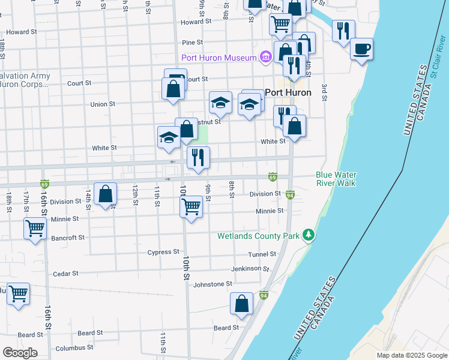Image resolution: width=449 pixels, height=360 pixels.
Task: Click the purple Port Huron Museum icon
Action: [x=265, y=58]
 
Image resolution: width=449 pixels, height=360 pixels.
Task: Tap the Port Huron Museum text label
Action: [x=219, y=58]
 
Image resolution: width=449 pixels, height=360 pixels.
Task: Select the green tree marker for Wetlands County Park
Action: [x=308, y=235]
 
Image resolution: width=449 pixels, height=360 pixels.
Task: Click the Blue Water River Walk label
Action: [x=336, y=179]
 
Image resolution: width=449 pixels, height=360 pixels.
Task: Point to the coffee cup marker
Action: [x=361, y=49]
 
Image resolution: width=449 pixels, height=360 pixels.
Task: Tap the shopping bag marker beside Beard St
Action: [x=241, y=304]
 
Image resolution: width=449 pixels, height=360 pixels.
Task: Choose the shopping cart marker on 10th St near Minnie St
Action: [x=191, y=207]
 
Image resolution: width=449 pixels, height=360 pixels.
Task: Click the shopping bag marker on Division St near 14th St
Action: [x=105, y=194]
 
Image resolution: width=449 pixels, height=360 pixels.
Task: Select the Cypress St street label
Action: [x=164, y=252]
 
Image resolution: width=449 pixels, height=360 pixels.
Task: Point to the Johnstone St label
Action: [x=212, y=284]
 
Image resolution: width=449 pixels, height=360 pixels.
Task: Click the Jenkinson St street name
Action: [x=251, y=269]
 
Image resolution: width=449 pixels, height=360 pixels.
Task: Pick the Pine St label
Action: [x=192, y=43]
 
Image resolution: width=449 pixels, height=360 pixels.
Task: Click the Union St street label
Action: [x=102, y=104]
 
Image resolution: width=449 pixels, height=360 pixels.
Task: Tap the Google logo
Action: [x=20, y=353]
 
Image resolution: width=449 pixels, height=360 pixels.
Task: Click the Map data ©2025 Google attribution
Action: [x=411, y=355]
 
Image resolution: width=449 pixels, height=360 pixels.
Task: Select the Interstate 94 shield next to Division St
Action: [x=291, y=195]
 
